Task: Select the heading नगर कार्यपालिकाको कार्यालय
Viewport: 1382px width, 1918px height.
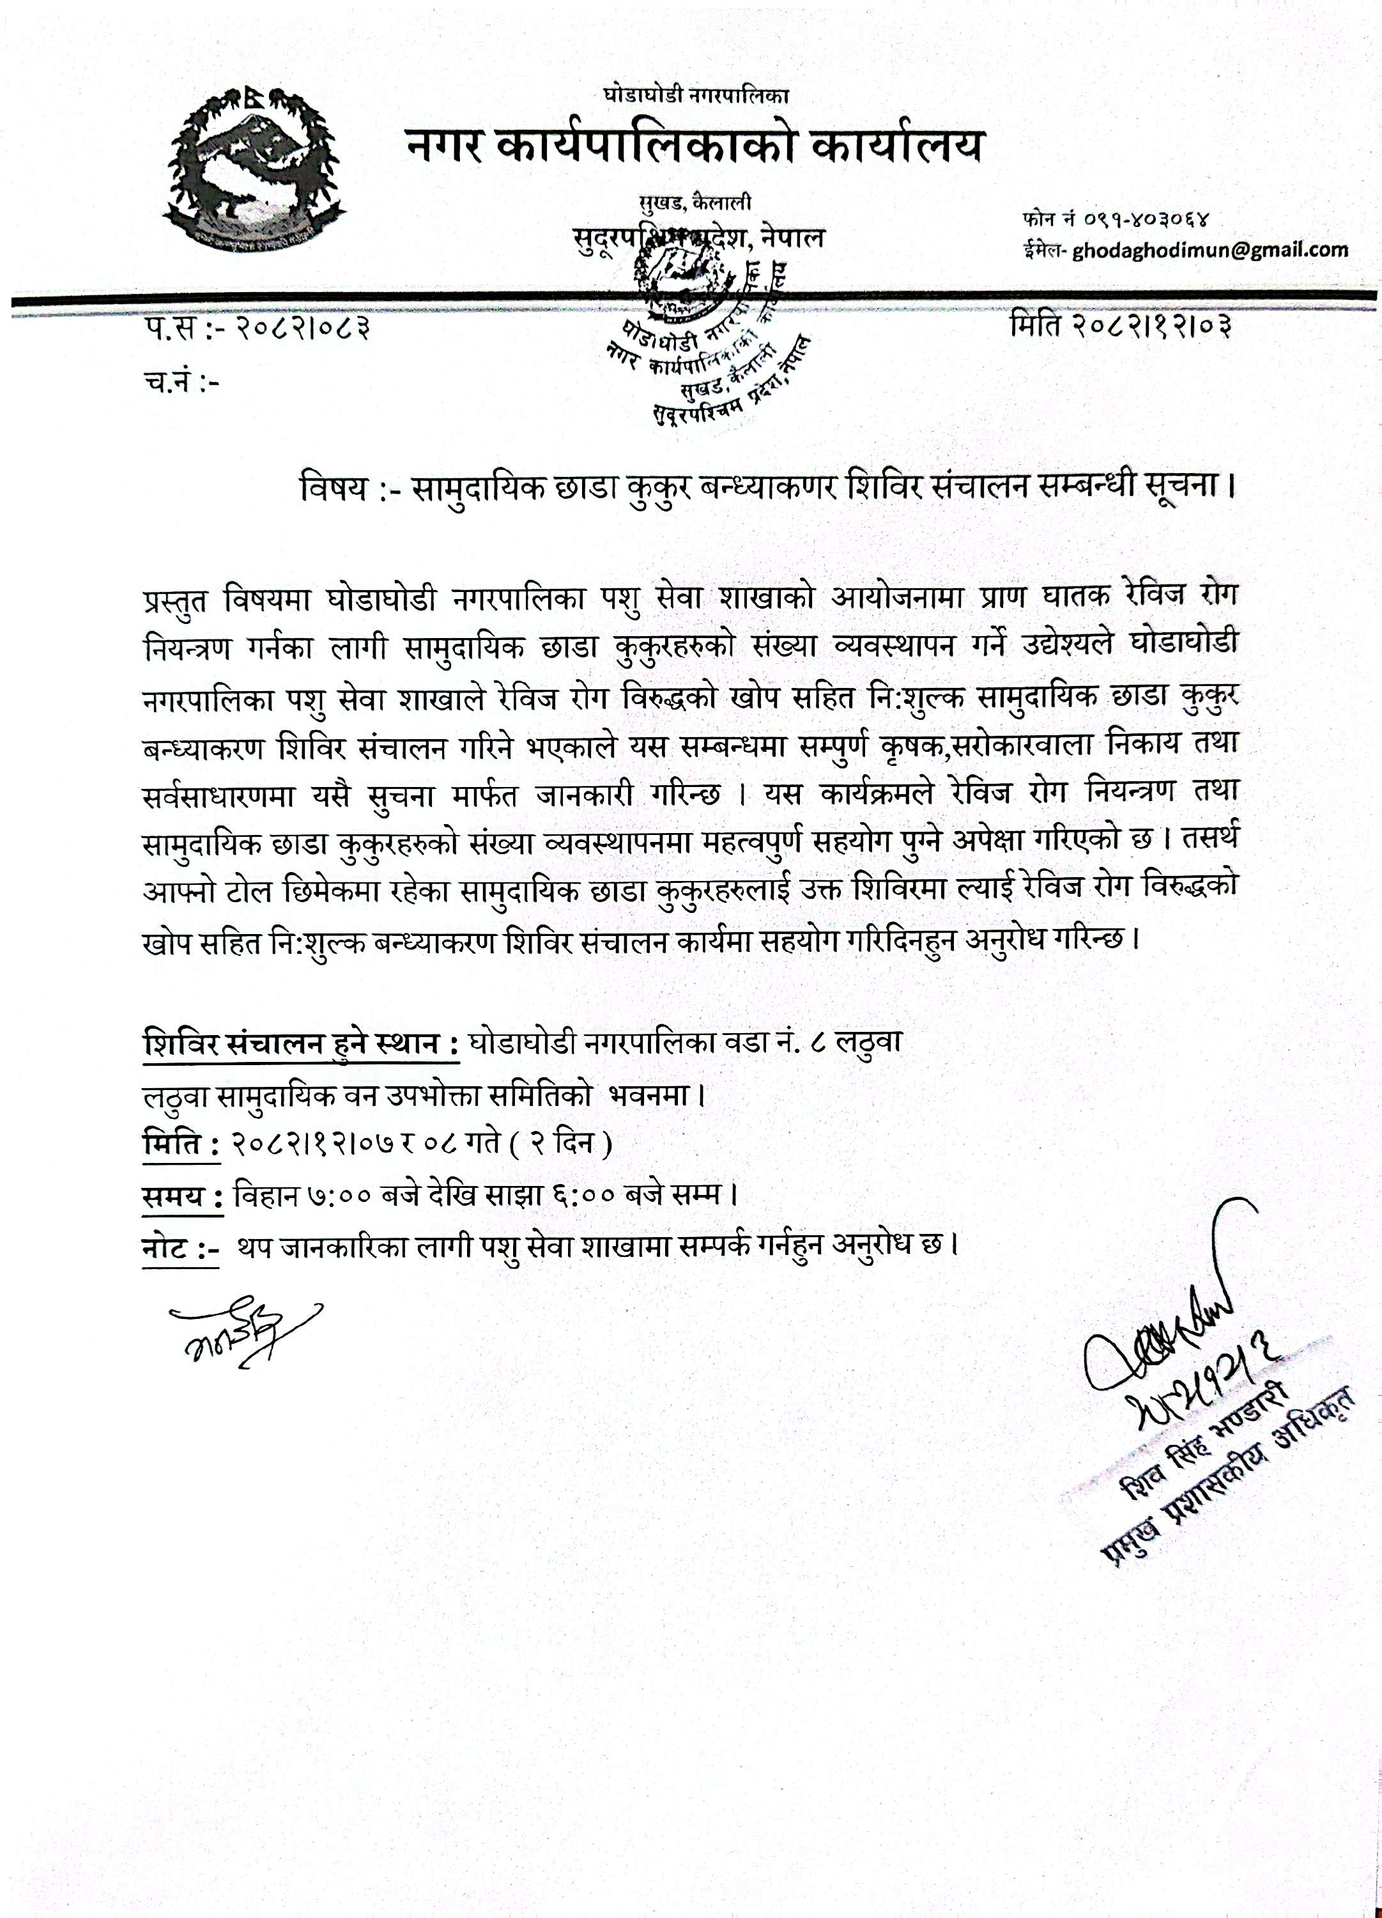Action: [x=695, y=146]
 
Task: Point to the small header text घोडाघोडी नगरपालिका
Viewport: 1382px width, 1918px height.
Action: [x=696, y=95]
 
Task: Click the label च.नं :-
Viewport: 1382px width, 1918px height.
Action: [x=181, y=383]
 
